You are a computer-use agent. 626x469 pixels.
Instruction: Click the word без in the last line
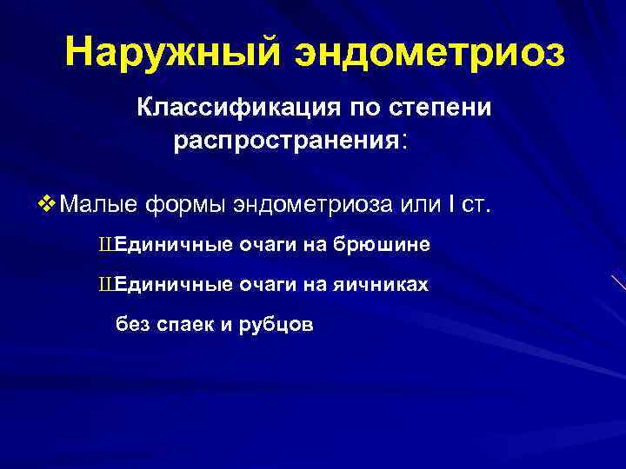point(132,324)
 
